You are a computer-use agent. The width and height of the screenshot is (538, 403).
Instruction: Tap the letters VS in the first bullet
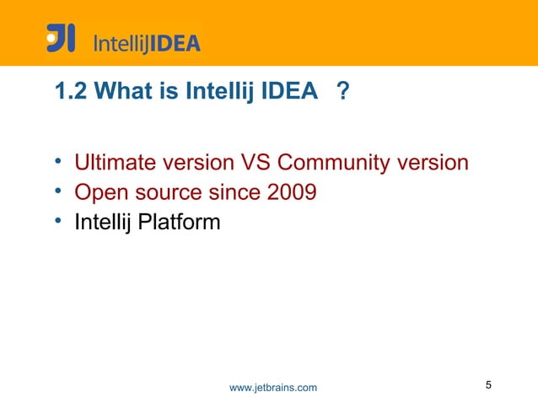257,162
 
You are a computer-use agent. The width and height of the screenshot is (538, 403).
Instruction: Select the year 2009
292,193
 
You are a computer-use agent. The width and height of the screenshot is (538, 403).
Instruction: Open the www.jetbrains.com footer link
273,387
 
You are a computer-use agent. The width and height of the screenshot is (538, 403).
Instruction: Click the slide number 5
489,386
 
